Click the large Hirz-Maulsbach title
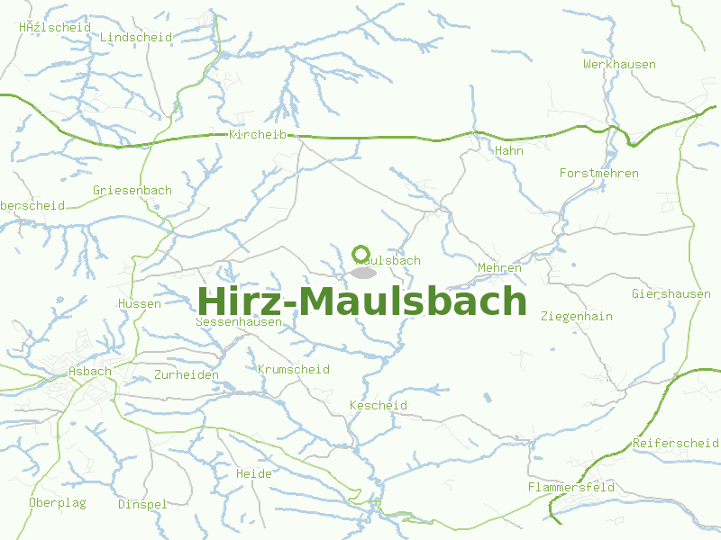click(x=361, y=301)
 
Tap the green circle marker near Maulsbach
click(x=361, y=254)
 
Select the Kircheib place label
click(x=258, y=134)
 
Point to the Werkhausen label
click(x=619, y=65)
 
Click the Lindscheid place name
click(x=136, y=37)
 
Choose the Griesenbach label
click(x=132, y=190)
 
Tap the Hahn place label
click(x=508, y=150)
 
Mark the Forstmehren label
click(x=598, y=173)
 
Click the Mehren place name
click(x=499, y=267)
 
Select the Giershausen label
click(x=671, y=294)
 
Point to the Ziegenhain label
click(x=576, y=316)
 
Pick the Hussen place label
click(x=139, y=303)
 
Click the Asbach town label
click(x=90, y=371)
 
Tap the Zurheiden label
click(x=187, y=374)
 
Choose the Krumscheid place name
click(x=293, y=369)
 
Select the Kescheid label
click(x=378, y=405)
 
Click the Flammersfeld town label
click(x=570, y=487)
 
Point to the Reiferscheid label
click(x=675, y=443)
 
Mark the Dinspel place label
click(x=142, y=504)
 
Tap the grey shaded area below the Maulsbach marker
click(x=363, y=272)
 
